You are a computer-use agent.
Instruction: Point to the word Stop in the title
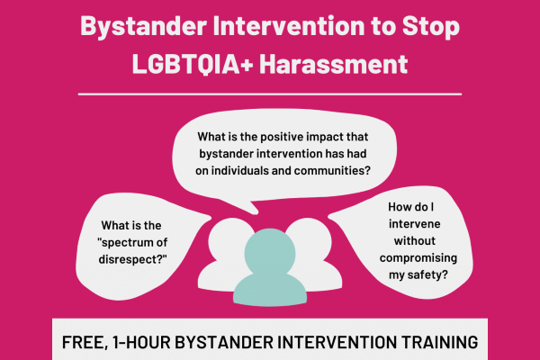click(427, 26)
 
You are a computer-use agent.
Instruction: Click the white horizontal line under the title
click(270, 93)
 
